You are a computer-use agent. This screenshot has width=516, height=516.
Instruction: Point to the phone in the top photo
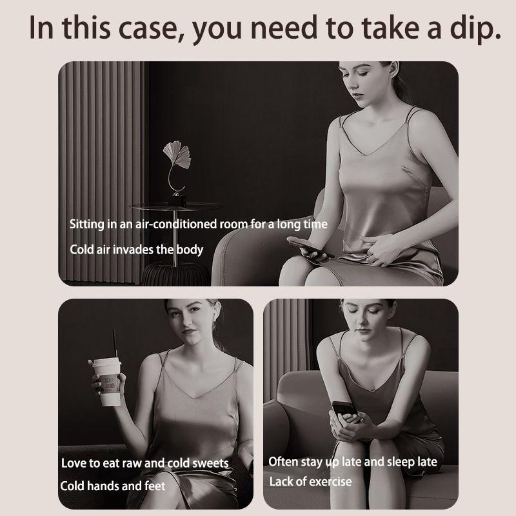[x=310, y=247]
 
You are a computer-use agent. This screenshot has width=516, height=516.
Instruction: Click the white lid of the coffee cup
[x=106, y=362]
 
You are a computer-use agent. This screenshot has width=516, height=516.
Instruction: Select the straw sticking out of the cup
[x=115, y=343]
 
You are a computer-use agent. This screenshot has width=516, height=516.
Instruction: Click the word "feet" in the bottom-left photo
[x=154, y=486]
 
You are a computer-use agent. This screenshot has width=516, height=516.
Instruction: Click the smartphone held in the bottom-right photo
[x=344, y=411]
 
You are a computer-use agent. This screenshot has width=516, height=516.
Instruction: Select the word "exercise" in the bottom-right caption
[x=330, y=482]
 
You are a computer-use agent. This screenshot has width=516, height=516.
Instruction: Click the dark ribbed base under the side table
[x=175, y=274]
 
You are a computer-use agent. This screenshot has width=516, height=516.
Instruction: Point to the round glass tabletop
[x=176, y=206]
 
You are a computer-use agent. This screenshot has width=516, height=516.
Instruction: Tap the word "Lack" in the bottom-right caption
[x=281, y=481]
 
